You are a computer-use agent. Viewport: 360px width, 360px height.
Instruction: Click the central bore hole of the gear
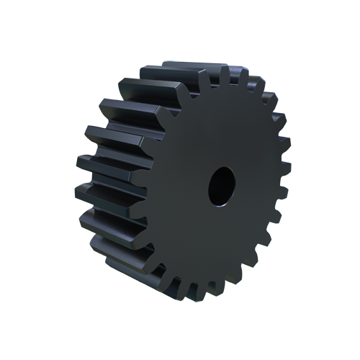pyautogui.click(x=222, y=186)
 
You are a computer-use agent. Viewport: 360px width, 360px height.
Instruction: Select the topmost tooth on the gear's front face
pyautogui.click(x=225, y=74)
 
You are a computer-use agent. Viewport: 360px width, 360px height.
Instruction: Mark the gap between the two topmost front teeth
pyautogui.click(x=233, y=78)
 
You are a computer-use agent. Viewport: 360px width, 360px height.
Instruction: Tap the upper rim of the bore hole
pyautogui.click(x=222, y=170)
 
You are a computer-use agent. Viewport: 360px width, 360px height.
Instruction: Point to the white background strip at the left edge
pyautogui.click(x=36, y=180)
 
